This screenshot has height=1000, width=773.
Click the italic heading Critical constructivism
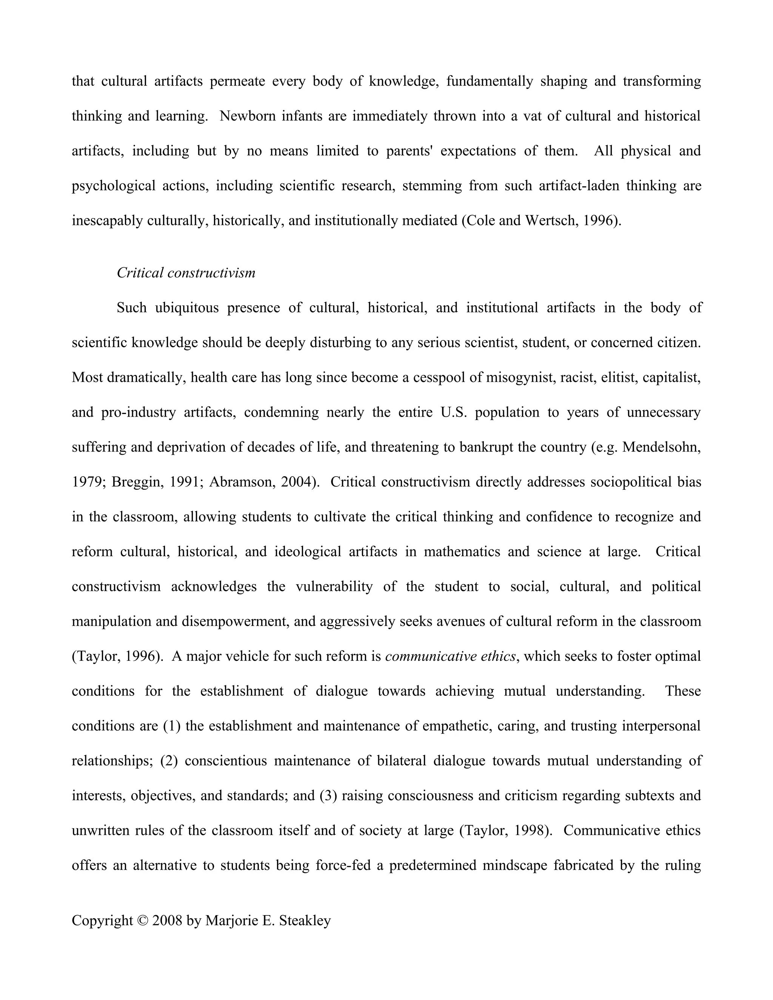tap(186, 273)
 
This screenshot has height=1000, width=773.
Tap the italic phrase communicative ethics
tap(451, 657)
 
